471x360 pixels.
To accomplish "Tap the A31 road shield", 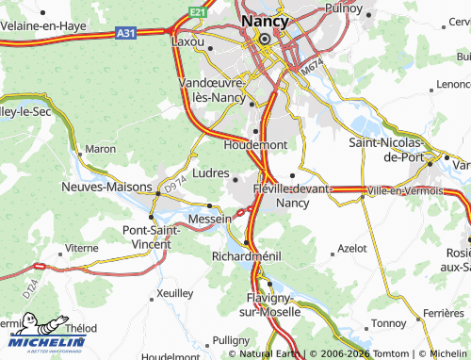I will click(124, 32).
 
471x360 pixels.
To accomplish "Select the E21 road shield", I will click(196, 11).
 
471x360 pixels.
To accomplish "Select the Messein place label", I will click(209, 219).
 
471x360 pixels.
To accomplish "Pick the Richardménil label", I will click(247, 256).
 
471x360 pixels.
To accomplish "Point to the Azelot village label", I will click(351, 249).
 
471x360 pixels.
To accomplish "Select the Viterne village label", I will click(81, 248).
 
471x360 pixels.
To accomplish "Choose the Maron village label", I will click(100, 149).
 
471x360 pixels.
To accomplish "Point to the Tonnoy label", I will click(388, 322).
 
